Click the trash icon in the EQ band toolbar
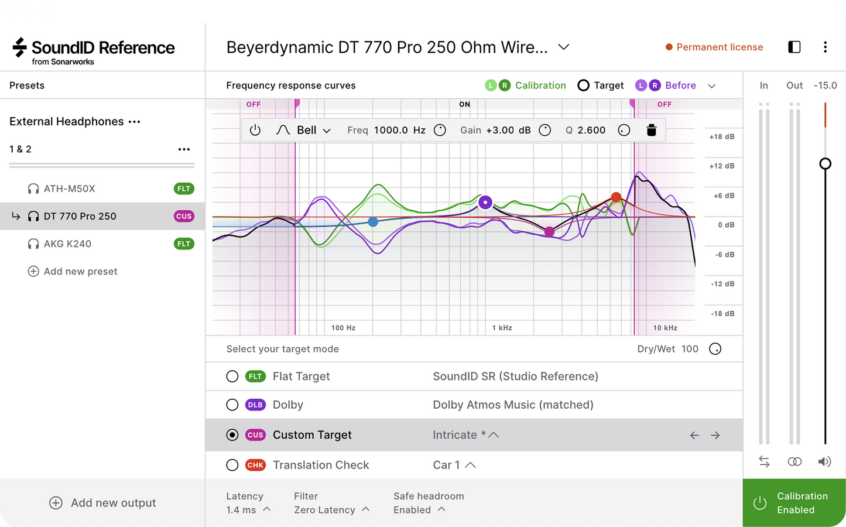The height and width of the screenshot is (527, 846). point(651,130)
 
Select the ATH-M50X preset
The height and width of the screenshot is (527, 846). point(69,189)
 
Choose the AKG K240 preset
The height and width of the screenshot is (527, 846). point(67,244)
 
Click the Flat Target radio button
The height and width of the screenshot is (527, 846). point(232,377)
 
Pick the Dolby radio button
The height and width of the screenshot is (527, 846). point(232,405)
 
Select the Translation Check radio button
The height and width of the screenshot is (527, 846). point(232,465)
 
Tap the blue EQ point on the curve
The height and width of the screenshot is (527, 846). point(373,222)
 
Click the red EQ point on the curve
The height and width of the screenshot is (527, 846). point(616,197)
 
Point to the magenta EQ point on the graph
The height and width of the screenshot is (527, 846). point(550,231)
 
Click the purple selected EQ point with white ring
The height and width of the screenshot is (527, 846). point(485,202)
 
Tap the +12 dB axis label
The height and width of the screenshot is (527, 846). point(722,166)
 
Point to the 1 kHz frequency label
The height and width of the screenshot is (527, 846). point(502,327)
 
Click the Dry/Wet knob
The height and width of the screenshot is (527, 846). point(715,348)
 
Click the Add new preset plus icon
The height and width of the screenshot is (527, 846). point(33,271)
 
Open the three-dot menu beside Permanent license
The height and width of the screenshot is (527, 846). point(826,47)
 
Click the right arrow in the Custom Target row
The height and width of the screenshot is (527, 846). point(715,435)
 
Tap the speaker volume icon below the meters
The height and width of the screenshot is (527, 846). point(824,461)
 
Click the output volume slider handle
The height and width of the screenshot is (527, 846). point(826,163)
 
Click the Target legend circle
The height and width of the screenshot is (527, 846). point(583,85)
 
